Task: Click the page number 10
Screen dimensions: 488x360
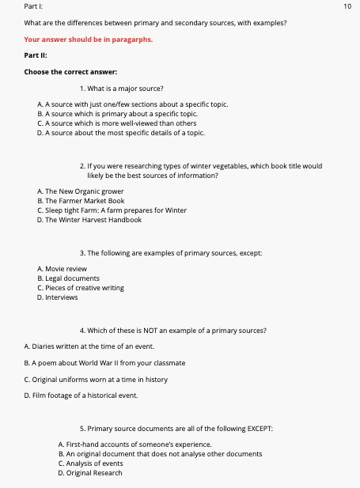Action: point(347,6)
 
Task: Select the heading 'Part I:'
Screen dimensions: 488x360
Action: point(34,6)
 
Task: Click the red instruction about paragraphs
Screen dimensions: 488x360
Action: point(77,39)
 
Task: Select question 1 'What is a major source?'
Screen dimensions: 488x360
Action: point(127,88)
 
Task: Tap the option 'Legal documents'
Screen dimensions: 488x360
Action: point(72,278)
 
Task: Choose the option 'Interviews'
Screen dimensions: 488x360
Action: point(63,297)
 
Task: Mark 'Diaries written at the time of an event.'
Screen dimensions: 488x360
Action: point(89,346)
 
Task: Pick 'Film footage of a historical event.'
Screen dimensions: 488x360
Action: point(81,395)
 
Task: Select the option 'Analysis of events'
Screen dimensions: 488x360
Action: point(93,463)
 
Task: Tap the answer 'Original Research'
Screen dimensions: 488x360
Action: point(93,473)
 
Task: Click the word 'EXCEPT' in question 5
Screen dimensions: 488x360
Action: point(258,428)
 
